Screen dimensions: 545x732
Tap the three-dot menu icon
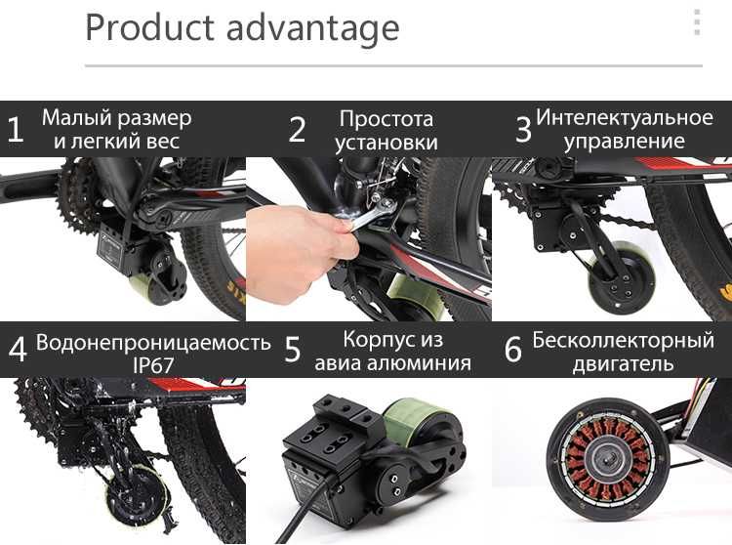pos(696,22)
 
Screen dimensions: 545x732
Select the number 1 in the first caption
pos(15,130)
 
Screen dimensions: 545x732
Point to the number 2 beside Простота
pos(298,130)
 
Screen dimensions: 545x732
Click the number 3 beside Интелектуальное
pos(523,130)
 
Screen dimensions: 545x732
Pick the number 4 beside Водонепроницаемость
pos(17,350)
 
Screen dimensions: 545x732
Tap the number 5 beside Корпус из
pos(293,350)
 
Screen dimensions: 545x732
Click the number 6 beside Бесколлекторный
pos(513,350)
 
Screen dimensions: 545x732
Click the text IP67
pos(153,364)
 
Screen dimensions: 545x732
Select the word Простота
pos(386,118)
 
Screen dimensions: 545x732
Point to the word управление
pos(625,142)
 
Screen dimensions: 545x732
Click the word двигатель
pos(624,364)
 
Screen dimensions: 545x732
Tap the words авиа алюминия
pos(392,363)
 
